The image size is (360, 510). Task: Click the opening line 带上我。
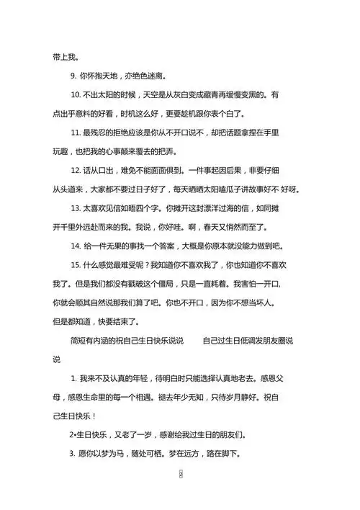point(66,57)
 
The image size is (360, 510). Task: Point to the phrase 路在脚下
point(223,454)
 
